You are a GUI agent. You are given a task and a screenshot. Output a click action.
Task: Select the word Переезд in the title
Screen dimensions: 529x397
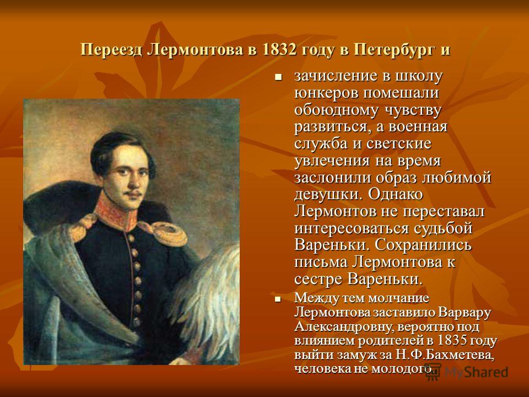tap(112, 50)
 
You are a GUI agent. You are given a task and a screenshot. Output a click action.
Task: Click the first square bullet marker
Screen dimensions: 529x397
tap(278, 77)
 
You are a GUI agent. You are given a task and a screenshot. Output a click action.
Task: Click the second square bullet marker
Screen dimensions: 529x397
tap(278, 299)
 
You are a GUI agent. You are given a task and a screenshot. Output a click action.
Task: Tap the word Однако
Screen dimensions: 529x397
tap(396, 195)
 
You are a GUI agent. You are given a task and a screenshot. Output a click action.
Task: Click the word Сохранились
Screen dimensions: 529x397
tap(423, 245)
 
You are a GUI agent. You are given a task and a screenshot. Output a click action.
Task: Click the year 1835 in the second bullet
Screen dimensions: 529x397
tap(451, 340)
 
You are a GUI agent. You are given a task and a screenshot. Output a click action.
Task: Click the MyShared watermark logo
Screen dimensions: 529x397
tap(467, 372)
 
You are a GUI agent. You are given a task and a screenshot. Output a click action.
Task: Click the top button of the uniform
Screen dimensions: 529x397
tap(131, 238)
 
